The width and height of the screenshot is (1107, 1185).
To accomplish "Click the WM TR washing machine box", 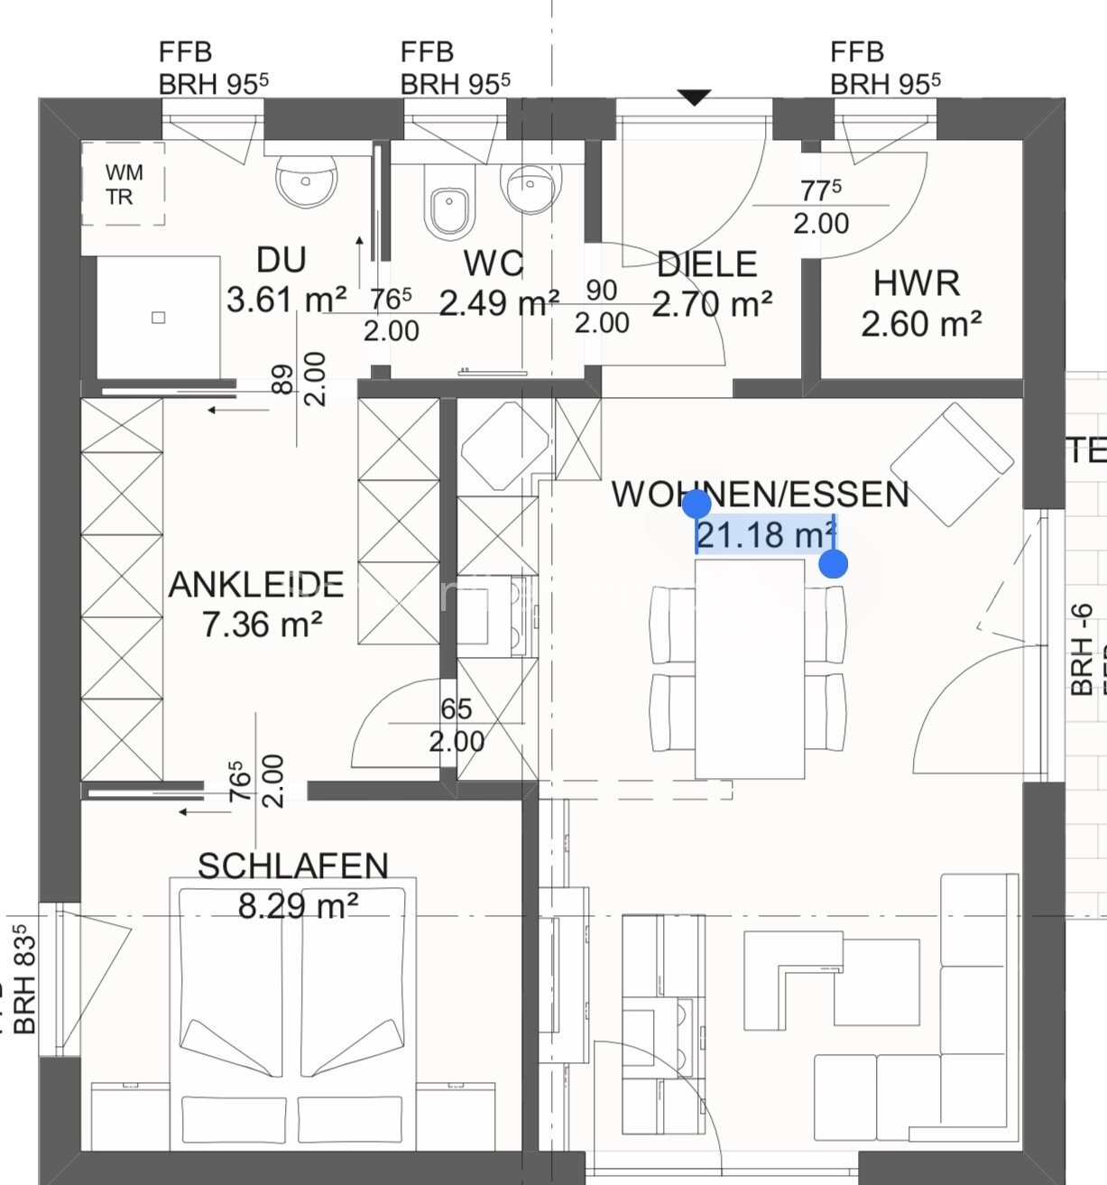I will (x=124, y=183).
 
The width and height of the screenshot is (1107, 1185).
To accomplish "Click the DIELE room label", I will (x=706, y=264).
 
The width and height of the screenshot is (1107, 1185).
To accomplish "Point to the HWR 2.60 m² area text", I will (x=920, y=323).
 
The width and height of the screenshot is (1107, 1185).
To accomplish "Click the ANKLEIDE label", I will (x=256, y=585).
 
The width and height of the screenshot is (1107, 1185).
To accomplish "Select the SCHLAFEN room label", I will (x=293, y=866).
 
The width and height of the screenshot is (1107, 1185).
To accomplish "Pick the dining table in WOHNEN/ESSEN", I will (x=749, y=668).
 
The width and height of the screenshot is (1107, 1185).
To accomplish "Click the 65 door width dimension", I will (x=457, y=709).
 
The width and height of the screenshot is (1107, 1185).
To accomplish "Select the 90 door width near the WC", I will (x=602, y=291).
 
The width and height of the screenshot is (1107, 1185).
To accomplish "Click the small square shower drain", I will (x=159, y=317).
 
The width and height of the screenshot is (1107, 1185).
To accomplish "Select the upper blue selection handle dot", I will (x=696, y=504).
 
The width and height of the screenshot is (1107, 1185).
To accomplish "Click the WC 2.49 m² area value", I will (x=499, y=303).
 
